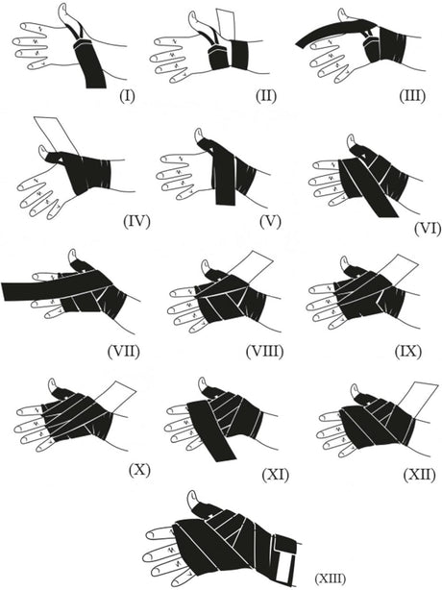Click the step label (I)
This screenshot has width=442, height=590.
pos(127,96)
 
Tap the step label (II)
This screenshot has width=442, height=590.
pos(266,96)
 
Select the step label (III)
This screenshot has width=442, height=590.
pos(412,96)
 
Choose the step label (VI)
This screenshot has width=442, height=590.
pos(428,229)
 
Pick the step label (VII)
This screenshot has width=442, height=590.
pos(123,352)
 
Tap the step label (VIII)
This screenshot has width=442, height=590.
pos(264,352)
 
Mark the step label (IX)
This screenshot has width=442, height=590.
pos(408,352)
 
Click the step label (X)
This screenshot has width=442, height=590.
pos(139,470)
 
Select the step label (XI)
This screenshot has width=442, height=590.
pos(276,475)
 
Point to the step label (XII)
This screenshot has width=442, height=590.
pos(420,475)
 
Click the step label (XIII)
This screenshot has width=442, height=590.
pos(330,578)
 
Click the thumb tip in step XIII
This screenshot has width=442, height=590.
pos(192,494)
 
